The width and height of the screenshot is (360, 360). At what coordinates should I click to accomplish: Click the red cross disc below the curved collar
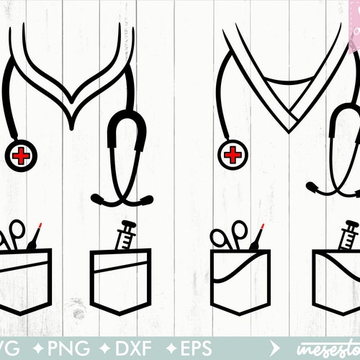point(22,155)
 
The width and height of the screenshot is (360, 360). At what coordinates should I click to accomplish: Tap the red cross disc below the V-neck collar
point(233,154)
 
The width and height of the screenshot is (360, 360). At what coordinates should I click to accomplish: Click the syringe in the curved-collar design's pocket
point(125,233)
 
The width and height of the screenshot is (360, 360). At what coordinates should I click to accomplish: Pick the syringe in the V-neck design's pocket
point(348,233)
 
